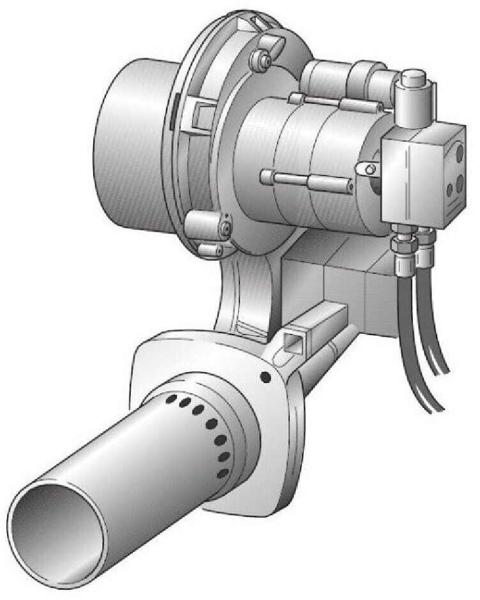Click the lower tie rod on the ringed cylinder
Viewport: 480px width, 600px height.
click(306, 180)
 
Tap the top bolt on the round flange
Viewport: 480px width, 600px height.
click(262, 60)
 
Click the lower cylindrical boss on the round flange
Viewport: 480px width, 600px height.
click(206, 228)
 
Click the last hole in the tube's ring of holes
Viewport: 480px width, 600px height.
click(223, 474)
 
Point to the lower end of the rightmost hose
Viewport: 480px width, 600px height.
click(440, 409)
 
